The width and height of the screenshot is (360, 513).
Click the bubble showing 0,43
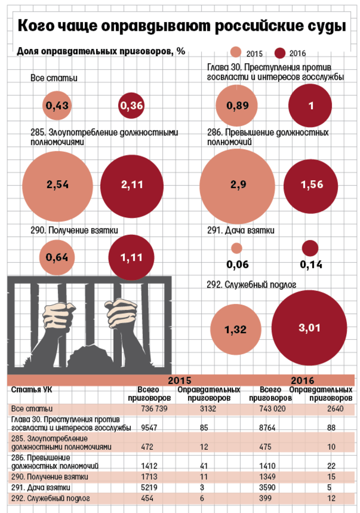point(58,107)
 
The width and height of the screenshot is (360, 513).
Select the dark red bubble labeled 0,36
point(131,107)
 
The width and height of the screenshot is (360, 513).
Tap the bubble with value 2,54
point(58,185)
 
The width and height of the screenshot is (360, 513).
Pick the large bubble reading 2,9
point(239,185)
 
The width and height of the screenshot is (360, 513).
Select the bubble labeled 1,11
point(131,256)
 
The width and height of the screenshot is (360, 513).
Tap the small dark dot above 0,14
point(310,248)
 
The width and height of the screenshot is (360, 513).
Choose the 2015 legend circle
point(237,53)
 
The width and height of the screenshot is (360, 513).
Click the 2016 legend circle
point(281,53)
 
